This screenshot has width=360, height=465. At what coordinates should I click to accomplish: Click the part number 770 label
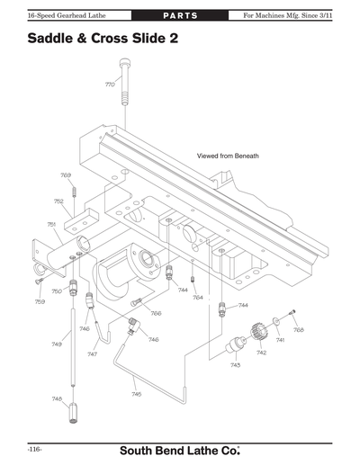click(x=109, y=85)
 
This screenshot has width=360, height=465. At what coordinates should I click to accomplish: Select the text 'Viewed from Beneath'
click(x=228, y=156)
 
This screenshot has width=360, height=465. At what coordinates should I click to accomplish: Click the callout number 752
click(x=58, y=201)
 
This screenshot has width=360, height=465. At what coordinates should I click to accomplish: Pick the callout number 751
click(x=52, y=223)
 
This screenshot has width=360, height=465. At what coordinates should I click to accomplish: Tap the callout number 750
click(x=56, y=291)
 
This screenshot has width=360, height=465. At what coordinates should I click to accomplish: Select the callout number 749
click(x=57, y=344)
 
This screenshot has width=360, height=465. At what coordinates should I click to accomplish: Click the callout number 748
click(x=57, y=398)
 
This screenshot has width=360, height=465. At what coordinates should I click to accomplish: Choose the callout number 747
click(x=93, y=354)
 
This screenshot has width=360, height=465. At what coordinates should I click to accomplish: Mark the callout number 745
click(x=136, y=393)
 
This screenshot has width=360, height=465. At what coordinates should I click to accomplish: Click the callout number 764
click(x=198, y=297)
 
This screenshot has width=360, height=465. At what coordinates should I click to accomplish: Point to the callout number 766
click(x=156, y=313)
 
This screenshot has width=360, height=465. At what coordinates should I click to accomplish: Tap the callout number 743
click(x=235, y=364)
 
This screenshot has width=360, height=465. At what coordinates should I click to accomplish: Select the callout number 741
click(x=280, y=340)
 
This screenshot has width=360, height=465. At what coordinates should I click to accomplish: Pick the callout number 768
click(x=299, y=329)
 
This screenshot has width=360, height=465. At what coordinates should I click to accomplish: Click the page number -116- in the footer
click(x=35, y=447)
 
